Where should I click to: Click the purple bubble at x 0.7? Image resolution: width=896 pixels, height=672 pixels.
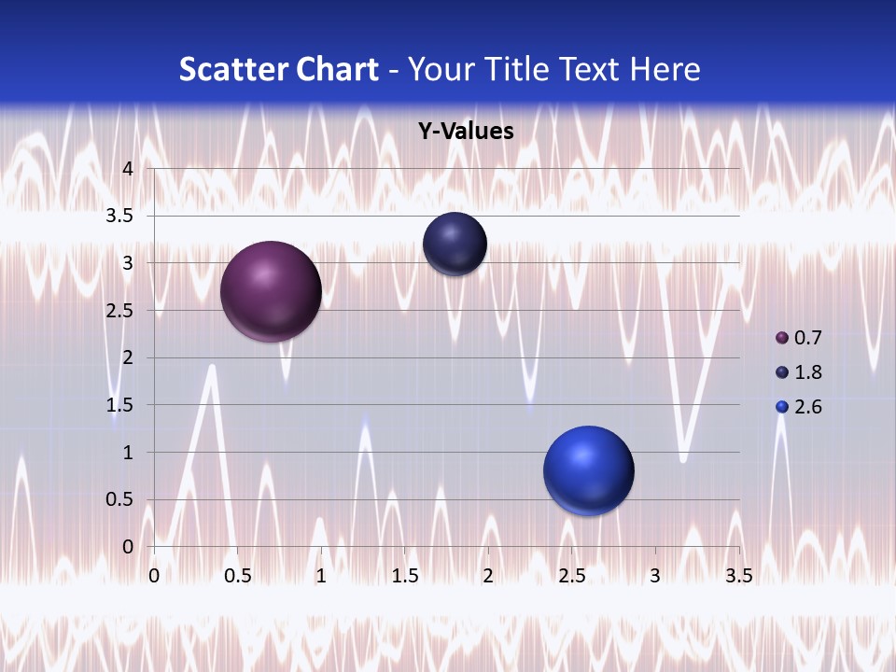pyautogui.click(x=271, y=291)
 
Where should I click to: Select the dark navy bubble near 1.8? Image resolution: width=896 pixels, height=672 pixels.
pyautogui.click(x=455, y=244)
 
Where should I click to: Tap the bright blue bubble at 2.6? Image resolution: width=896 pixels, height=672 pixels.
pyautogui.click(x=588, y=470)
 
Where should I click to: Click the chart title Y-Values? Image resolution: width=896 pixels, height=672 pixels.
pyautogui.click(x=466, y=132)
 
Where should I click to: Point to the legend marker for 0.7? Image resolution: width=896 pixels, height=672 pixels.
pyautogui.click(x=782, y=337)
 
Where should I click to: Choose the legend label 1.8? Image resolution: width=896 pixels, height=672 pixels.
pyautogui.click(x=808, y=372)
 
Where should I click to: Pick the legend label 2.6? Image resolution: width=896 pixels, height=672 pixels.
pyautogui.click(x=808, y=407)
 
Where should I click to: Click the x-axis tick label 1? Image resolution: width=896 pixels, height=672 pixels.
pyautogui.click(x=321, y=576)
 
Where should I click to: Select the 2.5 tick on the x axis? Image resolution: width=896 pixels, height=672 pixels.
pyautogui.click(x=571, y=576)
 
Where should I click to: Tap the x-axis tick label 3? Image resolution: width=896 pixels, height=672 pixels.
pyautogui.click(x=655, y=576)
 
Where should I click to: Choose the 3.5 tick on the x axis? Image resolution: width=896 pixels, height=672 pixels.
pyautogui.click(x=738, y=576)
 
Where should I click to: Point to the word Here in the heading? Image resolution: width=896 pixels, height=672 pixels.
pyautogui.click(x=665, y=69)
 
